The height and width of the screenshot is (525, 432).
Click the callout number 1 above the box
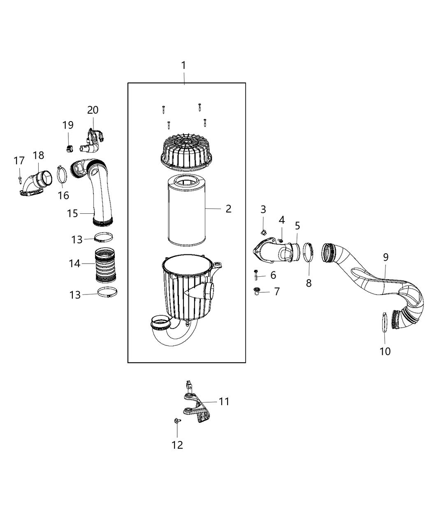click(x=183, y=65)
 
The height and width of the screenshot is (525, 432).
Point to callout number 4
click(x=282, y=220)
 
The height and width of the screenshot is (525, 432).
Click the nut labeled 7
click(x=257, y=292)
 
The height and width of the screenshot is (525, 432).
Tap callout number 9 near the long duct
click(x=386, y=257)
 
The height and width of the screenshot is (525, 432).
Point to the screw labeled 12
click(x=177, y=421)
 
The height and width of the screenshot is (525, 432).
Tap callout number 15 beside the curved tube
click(x=72, y=214)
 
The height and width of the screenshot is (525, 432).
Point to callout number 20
click(x=93, y=110)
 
